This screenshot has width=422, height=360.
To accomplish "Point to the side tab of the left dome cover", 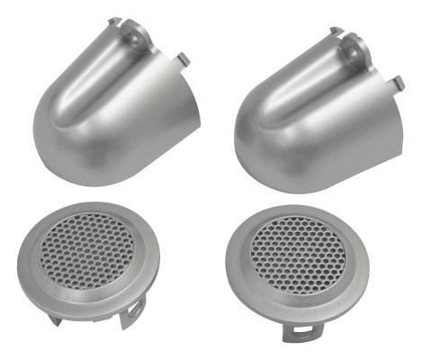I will (184, 58).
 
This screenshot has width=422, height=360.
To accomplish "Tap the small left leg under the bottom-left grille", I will (63, 310).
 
